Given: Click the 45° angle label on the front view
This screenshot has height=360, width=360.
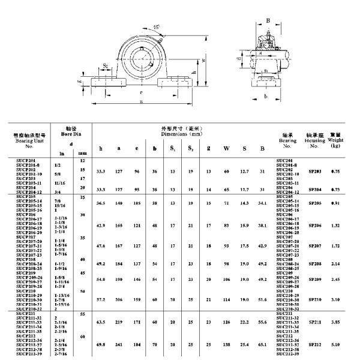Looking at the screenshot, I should click(140, 27).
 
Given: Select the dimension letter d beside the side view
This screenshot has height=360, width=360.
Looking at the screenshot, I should click(239, 58).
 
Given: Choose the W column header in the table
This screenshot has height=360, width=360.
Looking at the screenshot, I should click(226, 148).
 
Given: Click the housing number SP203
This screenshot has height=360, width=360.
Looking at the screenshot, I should click(314, 172).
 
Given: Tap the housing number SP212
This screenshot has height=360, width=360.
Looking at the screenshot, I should click(314, 345).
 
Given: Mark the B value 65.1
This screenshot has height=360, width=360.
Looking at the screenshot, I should click(262, 345).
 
